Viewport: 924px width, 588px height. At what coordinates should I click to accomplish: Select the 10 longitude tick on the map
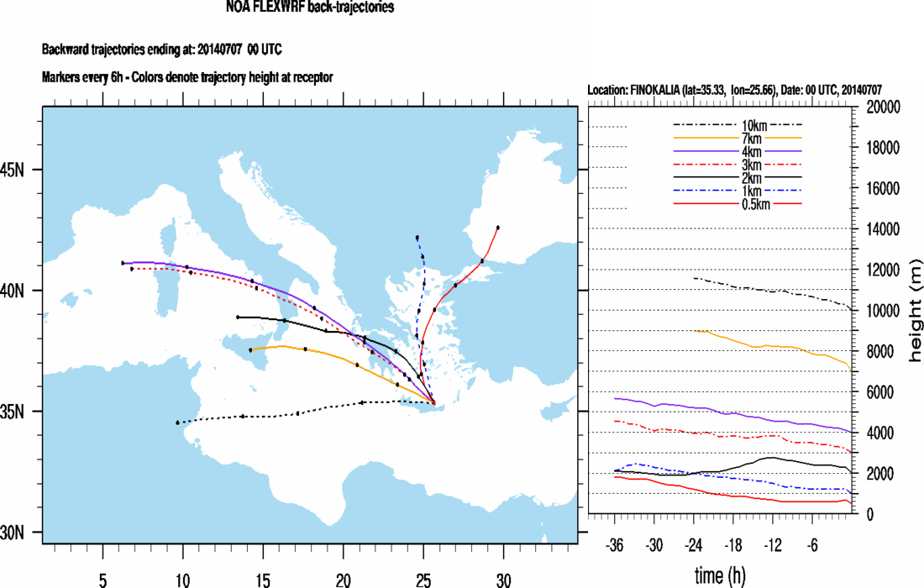(182, 556)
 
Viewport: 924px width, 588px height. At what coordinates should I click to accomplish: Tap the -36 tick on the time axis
(615, 544)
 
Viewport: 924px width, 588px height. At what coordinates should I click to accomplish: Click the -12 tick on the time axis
(773, 544)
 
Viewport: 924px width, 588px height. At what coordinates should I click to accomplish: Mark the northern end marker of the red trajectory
(498, 228)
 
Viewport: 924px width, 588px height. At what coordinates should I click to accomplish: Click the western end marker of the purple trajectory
(123, 263)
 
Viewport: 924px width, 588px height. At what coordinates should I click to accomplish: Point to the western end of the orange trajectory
(250, 349)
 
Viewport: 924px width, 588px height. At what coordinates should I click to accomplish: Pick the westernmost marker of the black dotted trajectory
(177, 423)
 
